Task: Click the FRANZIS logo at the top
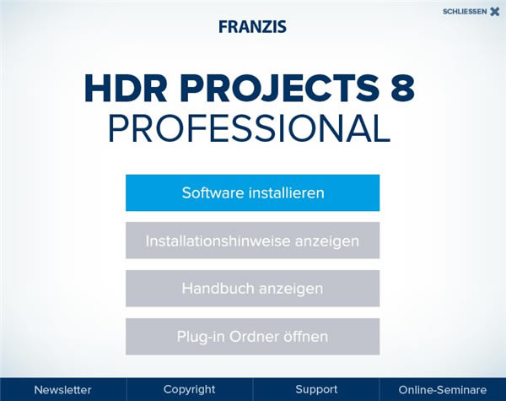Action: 252,26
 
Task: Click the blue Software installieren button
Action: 252,192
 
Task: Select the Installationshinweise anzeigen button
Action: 252,241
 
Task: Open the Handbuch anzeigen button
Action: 252,289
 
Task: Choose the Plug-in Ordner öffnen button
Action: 252,337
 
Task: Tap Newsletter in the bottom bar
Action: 62,389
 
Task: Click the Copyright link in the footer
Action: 189,389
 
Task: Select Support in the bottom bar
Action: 316,389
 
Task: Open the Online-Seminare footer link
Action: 443,389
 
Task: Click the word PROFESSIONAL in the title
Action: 249,128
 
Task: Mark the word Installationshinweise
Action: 207,241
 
